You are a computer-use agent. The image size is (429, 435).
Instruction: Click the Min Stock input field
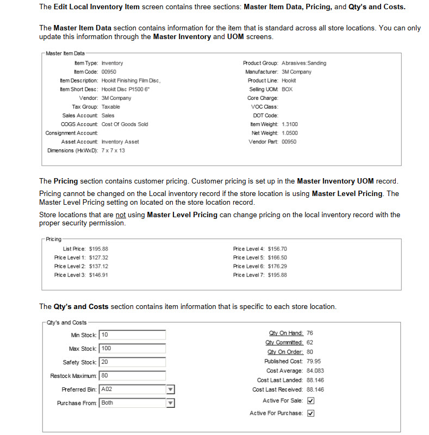tap(133, 335)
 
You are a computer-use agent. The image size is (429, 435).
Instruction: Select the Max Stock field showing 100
tap(133, 348)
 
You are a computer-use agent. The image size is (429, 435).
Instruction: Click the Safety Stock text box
tap(133, 362)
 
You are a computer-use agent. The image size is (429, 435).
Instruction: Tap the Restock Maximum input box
tap(133, 375)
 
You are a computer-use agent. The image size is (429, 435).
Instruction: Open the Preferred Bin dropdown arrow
tap(170, 389)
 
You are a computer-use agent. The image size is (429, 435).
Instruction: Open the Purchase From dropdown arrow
tap(170, 403)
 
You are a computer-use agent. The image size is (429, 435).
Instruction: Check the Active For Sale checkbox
tap(311, 400)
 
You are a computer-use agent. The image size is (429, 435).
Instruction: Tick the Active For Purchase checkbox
tap(311, 413)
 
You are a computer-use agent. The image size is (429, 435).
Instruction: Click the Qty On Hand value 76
tap(310, 333)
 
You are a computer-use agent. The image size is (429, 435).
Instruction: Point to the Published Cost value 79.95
tap(314, 361)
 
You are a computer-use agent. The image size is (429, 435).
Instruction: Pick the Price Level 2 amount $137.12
tap(98, 266)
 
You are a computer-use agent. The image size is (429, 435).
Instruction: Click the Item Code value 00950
tap(109, 72)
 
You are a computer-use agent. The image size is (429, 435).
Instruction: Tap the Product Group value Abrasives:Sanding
tap(304, 63)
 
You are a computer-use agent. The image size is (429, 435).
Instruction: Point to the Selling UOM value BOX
tap(287, 89)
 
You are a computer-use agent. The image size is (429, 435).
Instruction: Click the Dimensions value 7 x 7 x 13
tap(113, 150)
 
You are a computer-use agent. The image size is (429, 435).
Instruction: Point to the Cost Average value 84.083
tap(315, 370)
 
